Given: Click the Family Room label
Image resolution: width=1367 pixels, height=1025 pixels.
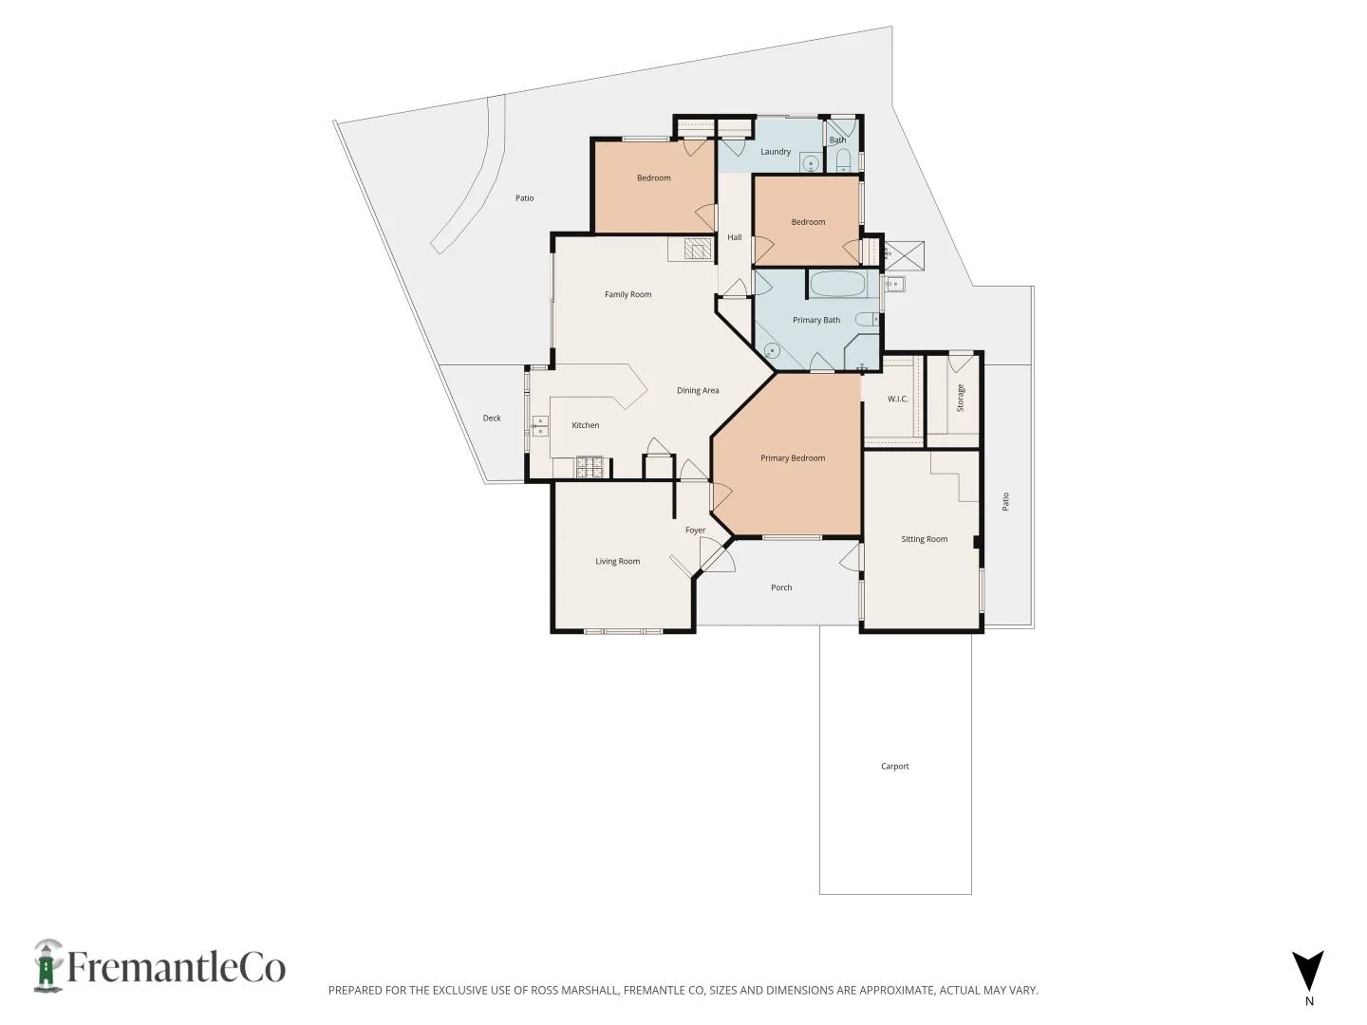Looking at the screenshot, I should (x=627, y=294).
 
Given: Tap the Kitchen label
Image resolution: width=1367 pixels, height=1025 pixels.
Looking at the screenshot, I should (x=585, y=425).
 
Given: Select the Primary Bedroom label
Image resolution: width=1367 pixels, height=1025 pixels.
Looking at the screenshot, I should (x=793, y=458).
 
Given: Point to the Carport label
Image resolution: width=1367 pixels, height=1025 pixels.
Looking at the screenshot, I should (x=894, y=766).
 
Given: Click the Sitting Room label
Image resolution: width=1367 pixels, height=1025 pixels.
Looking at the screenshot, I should (x=924, y=539).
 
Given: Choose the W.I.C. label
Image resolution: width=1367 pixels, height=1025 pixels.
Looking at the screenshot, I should (x=897, y=400).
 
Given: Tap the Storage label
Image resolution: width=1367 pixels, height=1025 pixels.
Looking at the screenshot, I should (x=960, y=398).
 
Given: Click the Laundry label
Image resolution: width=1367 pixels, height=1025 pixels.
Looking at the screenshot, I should (x=775, y=152).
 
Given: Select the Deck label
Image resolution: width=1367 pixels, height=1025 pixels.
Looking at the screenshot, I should (x=492, y=419).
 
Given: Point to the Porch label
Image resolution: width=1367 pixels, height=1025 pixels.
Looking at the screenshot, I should (x=781, y=587).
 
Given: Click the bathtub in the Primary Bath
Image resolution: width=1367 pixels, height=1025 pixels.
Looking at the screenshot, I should (x=837, y=284).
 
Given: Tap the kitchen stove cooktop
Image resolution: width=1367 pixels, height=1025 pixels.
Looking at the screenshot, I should (x=590, y=466).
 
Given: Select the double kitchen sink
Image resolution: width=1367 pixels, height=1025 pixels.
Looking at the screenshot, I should (x=540, y=426).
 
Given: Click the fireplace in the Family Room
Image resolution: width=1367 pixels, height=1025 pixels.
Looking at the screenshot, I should (x=698, y=250).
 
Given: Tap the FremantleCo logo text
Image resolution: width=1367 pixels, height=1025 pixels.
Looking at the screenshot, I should (x=176, y=968).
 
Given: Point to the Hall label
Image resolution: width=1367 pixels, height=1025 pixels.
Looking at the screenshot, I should (x=734, y=237).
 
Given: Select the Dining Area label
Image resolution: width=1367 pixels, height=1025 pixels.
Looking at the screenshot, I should (x=698, y=391).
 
